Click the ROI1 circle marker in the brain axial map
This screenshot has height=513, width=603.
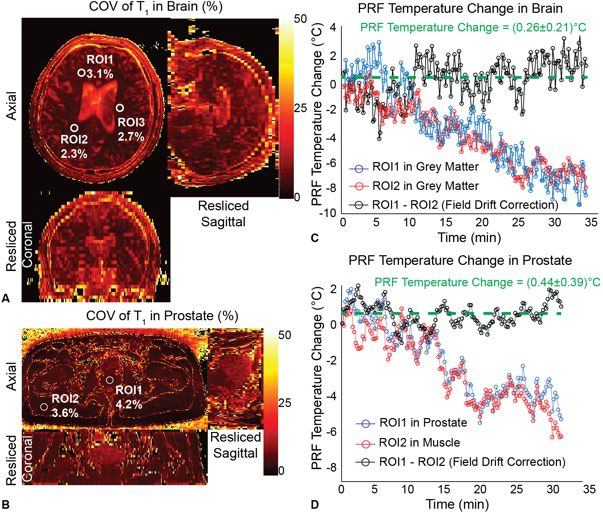pos(81,73)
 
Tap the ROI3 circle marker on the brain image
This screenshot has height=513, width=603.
pos(120,108)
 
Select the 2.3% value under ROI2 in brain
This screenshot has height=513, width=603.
pos(74,154)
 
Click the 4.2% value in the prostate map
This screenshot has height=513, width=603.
pos(129,404)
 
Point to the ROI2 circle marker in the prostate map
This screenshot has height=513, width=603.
pos(44,407)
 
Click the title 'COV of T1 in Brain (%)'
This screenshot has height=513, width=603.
pos(156,7)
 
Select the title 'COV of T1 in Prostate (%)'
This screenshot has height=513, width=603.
pos(162,316)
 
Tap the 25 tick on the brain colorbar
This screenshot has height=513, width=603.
pos(300,108)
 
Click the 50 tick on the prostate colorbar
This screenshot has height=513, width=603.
pos(285,335)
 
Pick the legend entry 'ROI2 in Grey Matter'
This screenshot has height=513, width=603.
pos(425,186)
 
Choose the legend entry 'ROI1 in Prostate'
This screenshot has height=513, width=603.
pos(423,423)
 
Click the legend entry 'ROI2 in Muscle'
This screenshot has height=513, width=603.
pos(419,443)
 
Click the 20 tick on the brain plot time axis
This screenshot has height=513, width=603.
pos(482,222)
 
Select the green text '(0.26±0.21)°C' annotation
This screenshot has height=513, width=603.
pos(549,27)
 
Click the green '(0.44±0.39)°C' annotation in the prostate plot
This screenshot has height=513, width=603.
pos(563,282)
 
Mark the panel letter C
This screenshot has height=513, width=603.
pos(315,238)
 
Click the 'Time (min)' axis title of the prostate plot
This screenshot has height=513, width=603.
pos(457,504)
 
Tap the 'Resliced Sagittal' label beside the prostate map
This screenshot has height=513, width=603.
pos(235,445)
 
